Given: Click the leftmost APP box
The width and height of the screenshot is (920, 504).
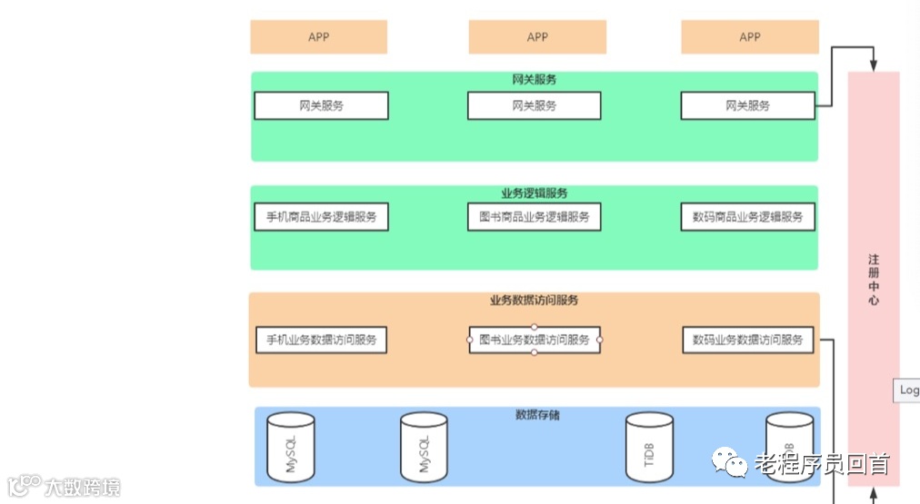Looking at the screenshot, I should tap(318, 37).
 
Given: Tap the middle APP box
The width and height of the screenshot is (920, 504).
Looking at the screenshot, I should tap(537, 37).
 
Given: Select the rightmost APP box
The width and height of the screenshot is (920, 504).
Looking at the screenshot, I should tap(750, 37).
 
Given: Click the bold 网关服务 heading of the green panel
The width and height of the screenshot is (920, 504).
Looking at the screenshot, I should tap(535, 80).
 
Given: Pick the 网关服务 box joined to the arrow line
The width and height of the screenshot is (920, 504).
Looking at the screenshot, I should tap(747, 105).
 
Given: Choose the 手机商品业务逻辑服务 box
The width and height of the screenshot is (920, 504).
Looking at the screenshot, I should tap(321, 217).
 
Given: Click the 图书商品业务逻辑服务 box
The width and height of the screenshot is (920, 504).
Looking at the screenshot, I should tap(535, 217).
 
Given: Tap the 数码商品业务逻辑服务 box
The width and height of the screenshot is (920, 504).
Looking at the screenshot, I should tap(747, 217).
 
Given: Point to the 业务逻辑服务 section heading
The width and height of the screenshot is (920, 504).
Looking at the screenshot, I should tap(535, 193).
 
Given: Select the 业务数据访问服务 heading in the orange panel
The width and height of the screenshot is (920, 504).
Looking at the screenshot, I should tap(535, 301).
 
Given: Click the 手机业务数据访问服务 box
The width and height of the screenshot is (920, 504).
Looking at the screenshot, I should tap(321, 340).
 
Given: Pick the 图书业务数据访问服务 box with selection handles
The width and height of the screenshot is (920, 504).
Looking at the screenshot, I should tap(535, 340).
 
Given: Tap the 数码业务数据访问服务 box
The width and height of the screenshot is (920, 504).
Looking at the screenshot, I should tap(747, 340).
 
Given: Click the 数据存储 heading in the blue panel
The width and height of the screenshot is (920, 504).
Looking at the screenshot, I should tap(537, 415).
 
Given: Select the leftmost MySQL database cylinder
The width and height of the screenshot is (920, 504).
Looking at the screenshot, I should tap(291, 447).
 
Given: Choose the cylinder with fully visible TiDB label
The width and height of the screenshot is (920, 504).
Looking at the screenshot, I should tap(650, 447).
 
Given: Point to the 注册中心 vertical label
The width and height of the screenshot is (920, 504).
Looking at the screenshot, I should tap(874, 280).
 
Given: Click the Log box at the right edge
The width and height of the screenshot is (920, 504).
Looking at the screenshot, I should tap(908, 390).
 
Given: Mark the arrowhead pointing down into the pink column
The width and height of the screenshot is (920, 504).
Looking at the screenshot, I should tap(874, 66).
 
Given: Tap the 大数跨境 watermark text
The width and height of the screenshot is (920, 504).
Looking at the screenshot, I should tap(82, 488).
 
